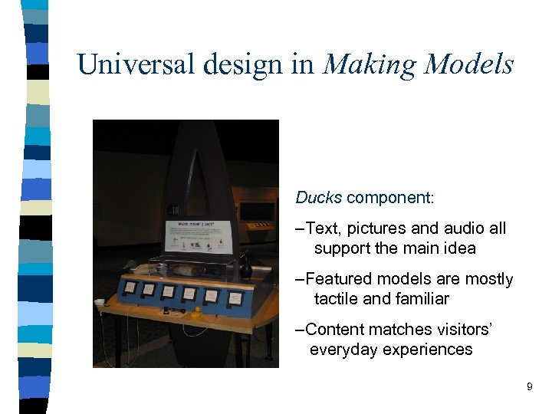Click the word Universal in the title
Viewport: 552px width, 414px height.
point(137,64)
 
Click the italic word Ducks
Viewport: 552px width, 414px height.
point(318,198)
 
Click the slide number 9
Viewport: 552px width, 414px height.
point(529,387)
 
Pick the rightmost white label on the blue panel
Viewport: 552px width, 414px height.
point(236,297)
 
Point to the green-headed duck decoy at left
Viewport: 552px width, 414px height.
point(133,266)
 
